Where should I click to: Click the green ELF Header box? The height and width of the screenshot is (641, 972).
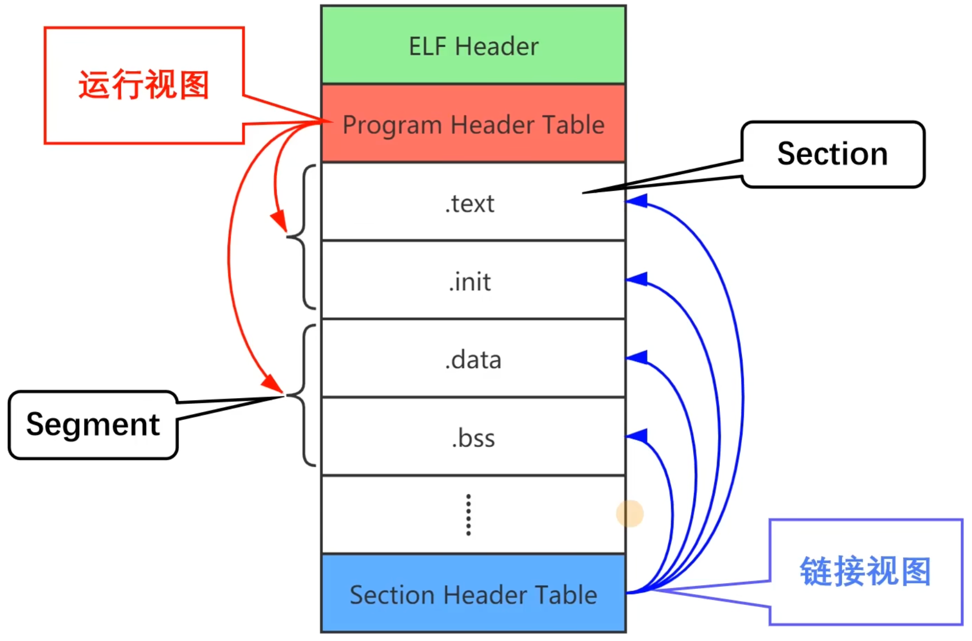tap(473, 45)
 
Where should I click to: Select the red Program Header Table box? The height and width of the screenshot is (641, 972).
tap(473, 124)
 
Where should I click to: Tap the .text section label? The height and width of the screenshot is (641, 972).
tap(470, 204)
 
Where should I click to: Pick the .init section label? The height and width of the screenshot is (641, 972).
tap(470, 282)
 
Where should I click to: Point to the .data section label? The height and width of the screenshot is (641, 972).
tap(473, 360)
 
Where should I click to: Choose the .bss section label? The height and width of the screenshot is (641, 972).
tap(473, 438)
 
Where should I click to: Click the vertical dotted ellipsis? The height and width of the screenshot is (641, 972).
tap(468, 515)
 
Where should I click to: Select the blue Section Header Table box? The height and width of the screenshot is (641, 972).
tap(473, 594)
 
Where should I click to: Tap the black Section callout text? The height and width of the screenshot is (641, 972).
tap(832, 154)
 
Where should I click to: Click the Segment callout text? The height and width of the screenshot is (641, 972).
tap(93, 424)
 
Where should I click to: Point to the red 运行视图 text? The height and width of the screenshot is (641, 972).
tap(143, 85)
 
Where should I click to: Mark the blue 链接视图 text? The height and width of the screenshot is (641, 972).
tap(865, 571)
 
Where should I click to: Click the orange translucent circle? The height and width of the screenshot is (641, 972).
tap(629, 513)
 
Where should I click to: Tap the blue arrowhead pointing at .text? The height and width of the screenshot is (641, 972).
tap(637, 201)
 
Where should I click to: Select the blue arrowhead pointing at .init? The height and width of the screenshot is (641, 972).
tap(637, 279)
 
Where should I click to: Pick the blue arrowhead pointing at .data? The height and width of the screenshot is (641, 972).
tap(637, 357)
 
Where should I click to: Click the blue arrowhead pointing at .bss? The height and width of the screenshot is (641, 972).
tap(637, 436)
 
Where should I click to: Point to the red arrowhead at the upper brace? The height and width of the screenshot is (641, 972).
tap(279, 221)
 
